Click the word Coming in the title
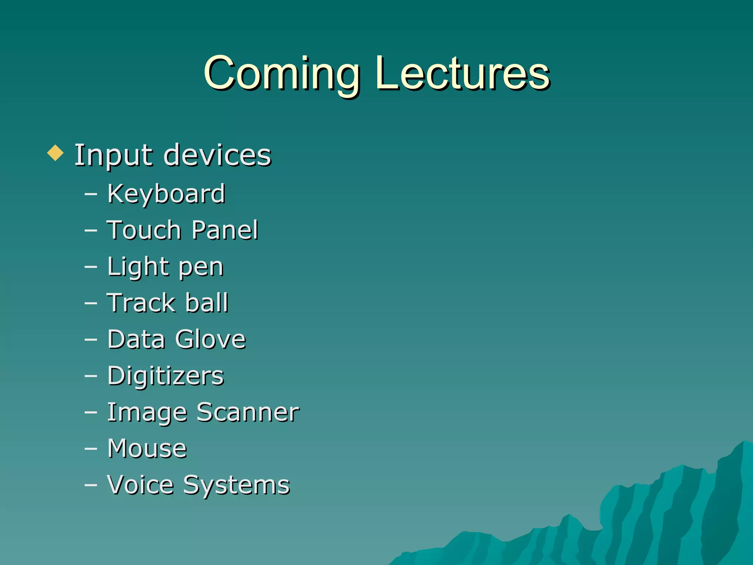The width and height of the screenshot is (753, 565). point(282,74)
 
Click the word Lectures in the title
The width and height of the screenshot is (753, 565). point(462,74)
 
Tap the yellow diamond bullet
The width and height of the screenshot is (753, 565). point(56,153)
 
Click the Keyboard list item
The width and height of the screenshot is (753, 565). point(166,193)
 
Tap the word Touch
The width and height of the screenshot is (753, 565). point(144,230)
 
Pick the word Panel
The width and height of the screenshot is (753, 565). point(225,230)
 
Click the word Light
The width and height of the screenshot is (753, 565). point(138,267)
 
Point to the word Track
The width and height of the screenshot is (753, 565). point(141,303)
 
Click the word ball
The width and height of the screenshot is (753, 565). point(207,303)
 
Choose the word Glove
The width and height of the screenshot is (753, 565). point(210,339)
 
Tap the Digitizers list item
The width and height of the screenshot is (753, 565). point(165,376)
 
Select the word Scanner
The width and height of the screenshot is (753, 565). point(248,412)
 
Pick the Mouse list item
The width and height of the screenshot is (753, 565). point(147,448)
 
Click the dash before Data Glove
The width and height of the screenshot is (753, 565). point(91,340)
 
